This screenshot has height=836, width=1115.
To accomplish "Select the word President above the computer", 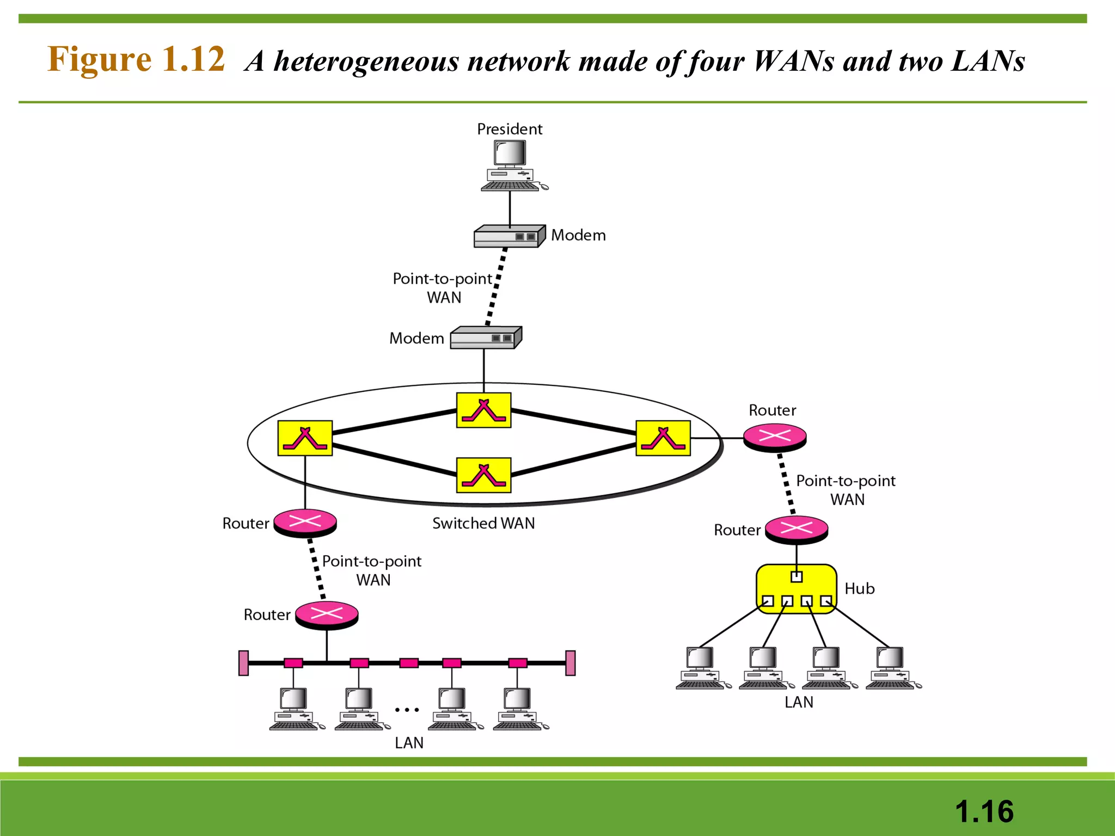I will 510,129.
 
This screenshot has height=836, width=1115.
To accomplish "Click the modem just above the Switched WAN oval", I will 485,338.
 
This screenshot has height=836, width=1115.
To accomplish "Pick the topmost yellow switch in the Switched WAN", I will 483,410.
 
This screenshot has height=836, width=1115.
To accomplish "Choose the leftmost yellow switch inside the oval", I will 305,438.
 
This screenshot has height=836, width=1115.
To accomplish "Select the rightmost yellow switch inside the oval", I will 663,438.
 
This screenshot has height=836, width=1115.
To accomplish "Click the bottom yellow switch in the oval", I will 483,475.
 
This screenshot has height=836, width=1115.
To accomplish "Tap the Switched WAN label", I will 483,523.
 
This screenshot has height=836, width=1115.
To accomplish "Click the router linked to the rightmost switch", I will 775,437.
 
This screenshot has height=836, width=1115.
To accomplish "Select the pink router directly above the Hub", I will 797,529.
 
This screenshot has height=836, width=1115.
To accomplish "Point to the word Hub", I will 859,588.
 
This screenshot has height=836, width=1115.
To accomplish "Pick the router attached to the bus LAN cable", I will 327,615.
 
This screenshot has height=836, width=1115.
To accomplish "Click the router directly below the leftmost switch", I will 305,522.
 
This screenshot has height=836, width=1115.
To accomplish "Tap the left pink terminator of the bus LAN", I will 243,663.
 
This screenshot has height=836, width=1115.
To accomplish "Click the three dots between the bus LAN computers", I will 407,710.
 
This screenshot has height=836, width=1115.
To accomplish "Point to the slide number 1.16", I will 984,811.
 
